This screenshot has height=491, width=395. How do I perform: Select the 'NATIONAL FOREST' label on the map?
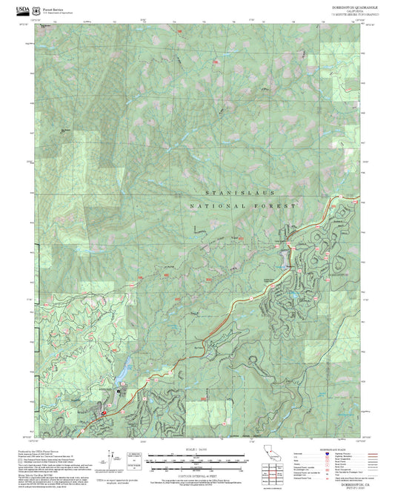[242, 205]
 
